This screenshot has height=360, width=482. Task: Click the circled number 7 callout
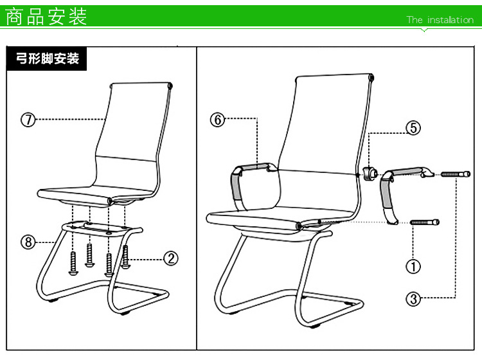click(x=28, y=120)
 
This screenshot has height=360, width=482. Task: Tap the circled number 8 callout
click(x=28, y=242)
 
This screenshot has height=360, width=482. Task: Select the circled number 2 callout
click(x=170, y=258)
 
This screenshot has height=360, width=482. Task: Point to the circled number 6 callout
click(x=218, y=120)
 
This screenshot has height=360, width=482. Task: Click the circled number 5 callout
click(x=413, y=127)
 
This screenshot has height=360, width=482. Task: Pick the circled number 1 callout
click(x=413, y=266)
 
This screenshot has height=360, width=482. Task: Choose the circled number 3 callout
click(x=413, y=298)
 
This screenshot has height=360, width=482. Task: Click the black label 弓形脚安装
click(x=47, y=59)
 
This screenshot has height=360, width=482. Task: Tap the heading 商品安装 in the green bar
click(x=46, y=17)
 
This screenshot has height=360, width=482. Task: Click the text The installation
click(x=440, y=20)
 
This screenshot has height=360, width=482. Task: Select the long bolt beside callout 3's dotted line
click(x=456, y=174)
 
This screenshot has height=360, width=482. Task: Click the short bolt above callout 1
click(x=425, y=222)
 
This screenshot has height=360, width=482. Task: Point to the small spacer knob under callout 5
click(x=370, y=174)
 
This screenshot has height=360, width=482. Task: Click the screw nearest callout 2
click(x=125, y=256)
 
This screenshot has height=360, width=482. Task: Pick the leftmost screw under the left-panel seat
click(x=73, y=263)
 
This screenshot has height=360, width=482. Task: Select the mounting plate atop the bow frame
click(x=102, y=228)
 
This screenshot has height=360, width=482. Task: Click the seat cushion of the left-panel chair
click(x=95, y=195)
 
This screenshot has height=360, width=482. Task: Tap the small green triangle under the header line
click(x=424, y=30)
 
